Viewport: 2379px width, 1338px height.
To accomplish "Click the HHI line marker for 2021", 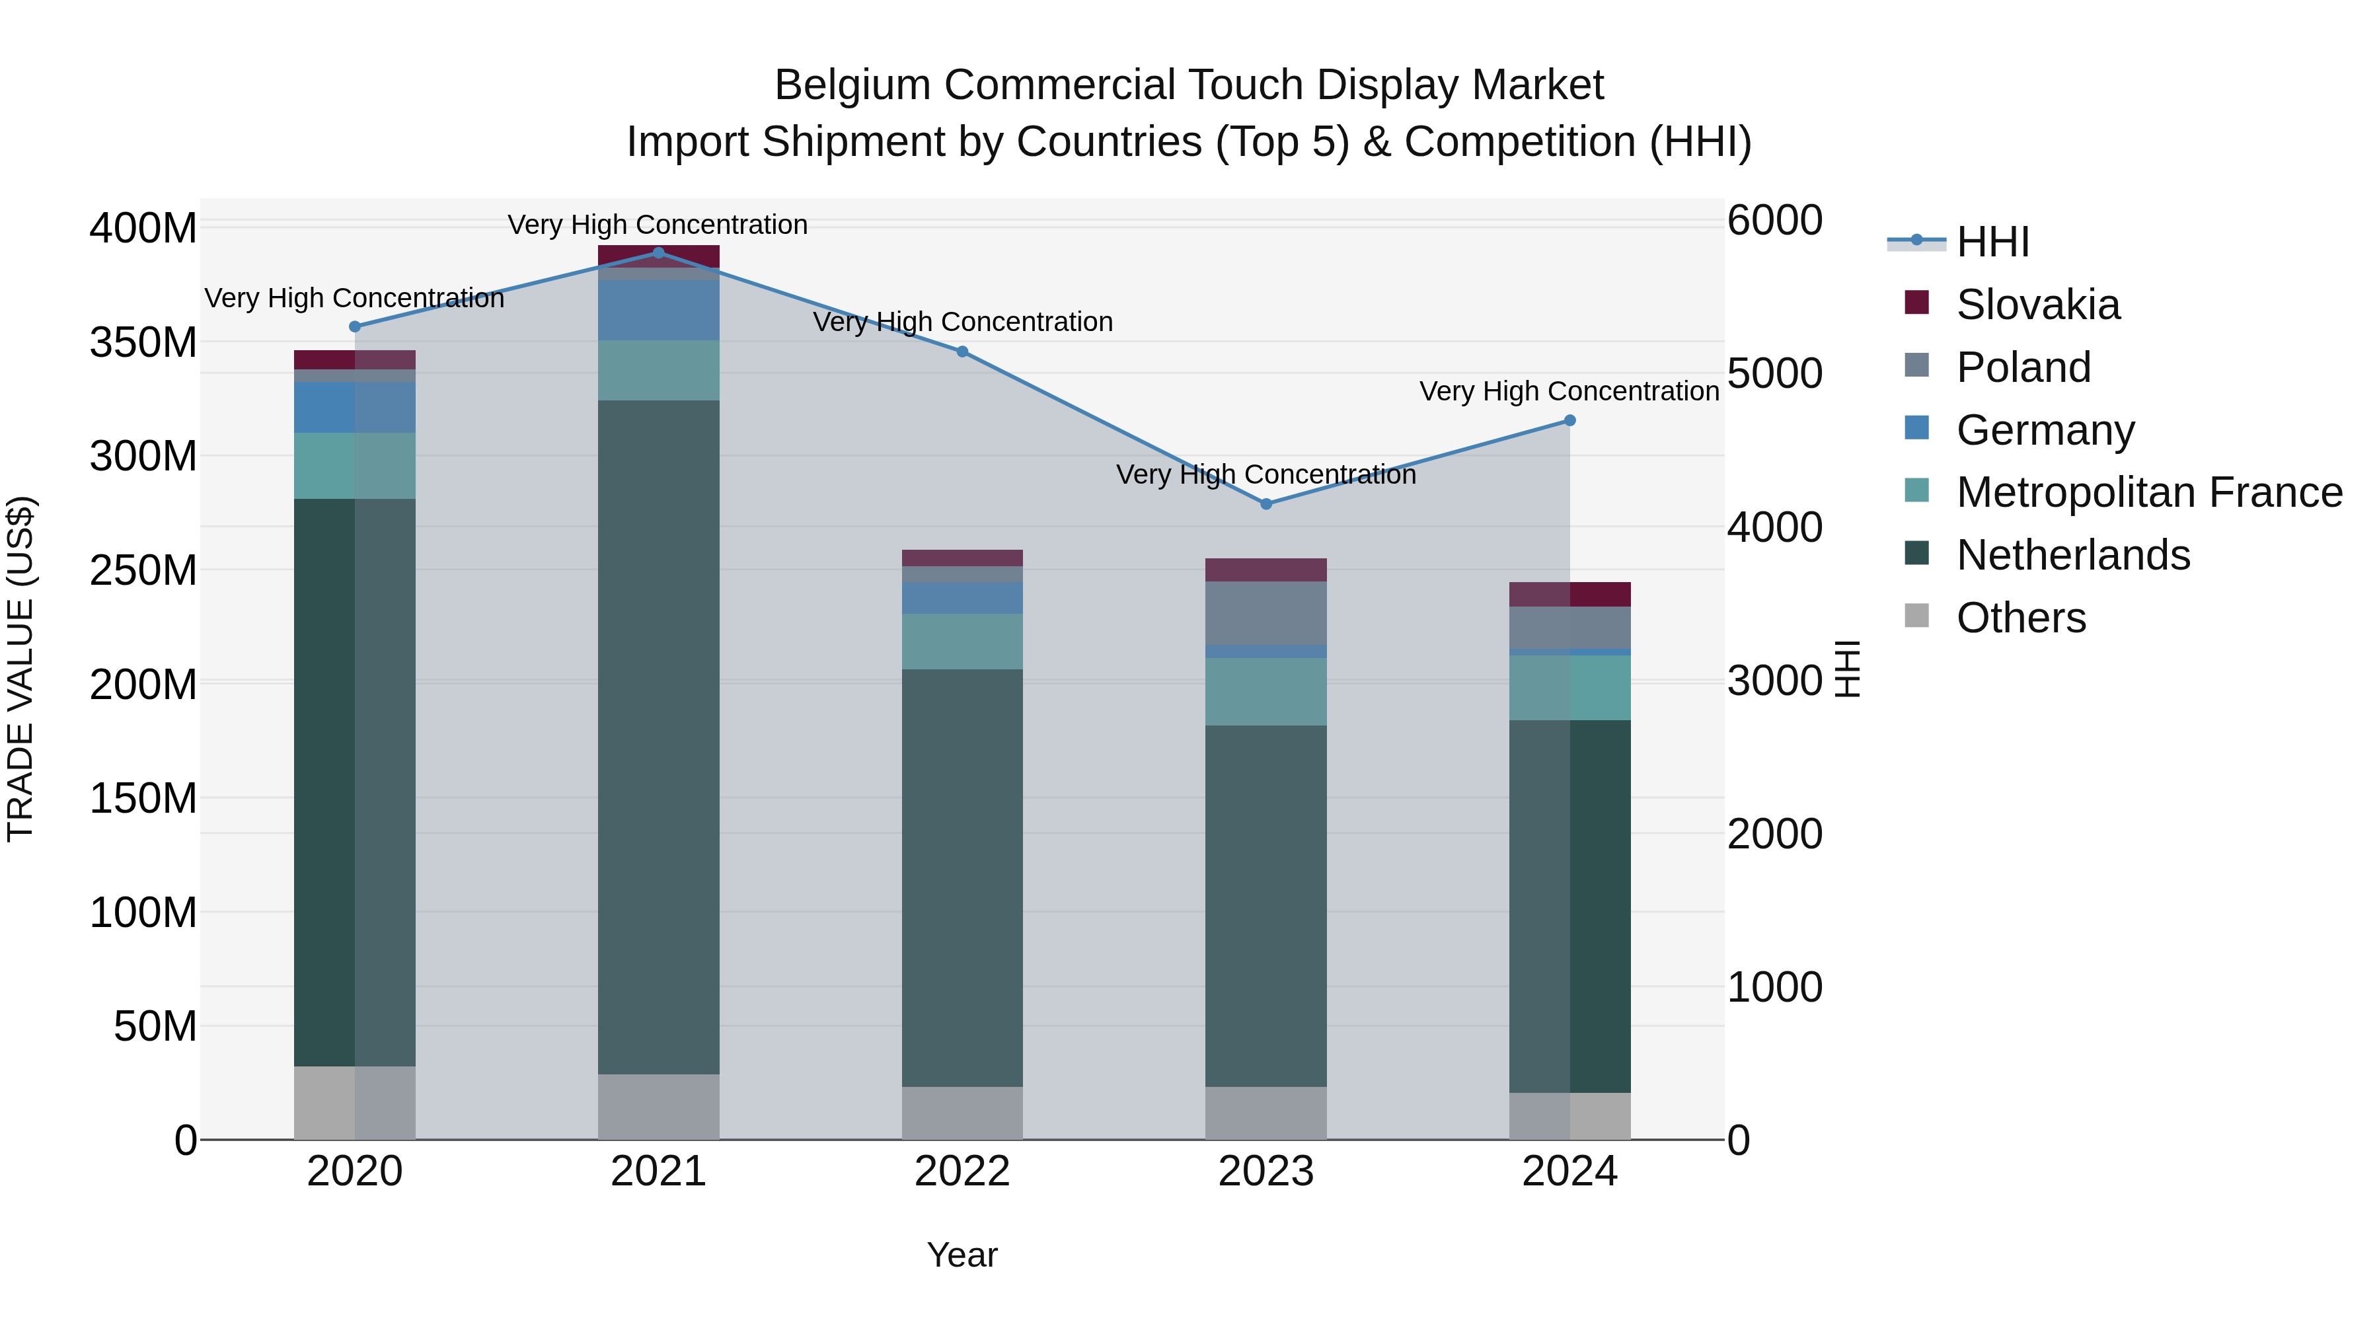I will pyautogui.click(x=658, y=252).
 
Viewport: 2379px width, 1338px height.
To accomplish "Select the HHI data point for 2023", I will pyautogui.click(x=1266, y=503).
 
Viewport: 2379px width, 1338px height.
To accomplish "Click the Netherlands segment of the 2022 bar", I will pyautogui.click(x=962, y=877).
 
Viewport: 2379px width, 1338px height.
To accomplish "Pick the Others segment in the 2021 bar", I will pyautogui.click(x=658, y=1105).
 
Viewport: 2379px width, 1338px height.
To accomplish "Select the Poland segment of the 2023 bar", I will pyautogui.click(x=1266, y=613).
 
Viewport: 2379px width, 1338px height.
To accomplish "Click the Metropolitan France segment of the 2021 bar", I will pyautogui.click(x=658, y=369).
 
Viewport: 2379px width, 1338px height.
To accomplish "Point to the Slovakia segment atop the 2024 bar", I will pyautogui.click(x=1570, y=594).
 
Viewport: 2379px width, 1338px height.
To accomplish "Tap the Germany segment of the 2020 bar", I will pyautogui.click(x=355, y=407).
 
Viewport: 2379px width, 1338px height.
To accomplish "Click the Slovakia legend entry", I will pyautogui.click(x=2037, y=305).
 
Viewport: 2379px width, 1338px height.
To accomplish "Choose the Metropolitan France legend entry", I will pyautogui.click(x=2148, y=492).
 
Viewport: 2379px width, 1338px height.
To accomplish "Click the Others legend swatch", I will pyautogui.click(x=1917, y=616).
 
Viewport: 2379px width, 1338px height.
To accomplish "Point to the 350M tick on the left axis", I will pyautogui.click(x=143, y=342).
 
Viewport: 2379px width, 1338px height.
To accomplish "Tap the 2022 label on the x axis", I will pyautogui.click(x=962, y=1171).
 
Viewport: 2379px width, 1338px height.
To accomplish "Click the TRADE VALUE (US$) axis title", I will pyautogui.click(x=21, y=669).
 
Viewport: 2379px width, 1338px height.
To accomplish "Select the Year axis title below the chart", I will pyautogui.click(x=962, y=1255).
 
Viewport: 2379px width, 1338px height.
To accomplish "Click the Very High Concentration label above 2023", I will pyautogui.click(x=1266, y=474).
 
